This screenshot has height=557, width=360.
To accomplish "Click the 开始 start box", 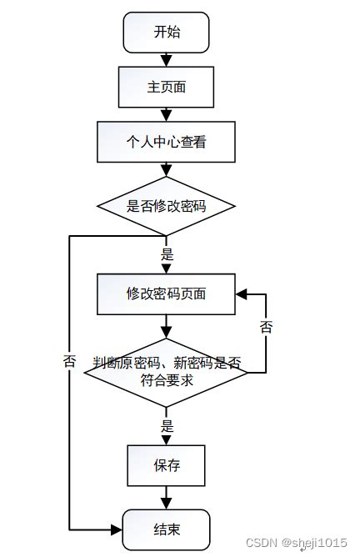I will [166, 33].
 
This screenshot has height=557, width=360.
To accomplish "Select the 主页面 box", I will [166, 88].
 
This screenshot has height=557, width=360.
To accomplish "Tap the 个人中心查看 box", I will [166, 143].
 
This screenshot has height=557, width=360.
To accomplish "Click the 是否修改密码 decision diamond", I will [166, 206].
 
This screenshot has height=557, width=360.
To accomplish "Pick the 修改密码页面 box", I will [166, 294].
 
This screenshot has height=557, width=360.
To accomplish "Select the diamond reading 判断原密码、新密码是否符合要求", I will [166, 372].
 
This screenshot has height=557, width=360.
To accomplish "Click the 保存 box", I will [166, 465].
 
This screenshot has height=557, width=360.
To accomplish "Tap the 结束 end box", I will [166, 529].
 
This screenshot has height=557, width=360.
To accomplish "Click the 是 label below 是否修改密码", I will [167, 255].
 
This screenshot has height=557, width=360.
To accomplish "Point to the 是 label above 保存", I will [167, 426].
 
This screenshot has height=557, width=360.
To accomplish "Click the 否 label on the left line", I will [69, 362].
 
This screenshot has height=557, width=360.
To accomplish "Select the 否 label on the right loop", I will [266, 327].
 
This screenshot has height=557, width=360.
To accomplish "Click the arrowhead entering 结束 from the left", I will [117, 529].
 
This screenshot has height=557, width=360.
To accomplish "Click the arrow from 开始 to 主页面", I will [166, 60].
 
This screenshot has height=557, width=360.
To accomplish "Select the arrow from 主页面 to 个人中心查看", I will [166, 115].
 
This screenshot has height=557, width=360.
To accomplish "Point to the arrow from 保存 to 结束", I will [166, 498].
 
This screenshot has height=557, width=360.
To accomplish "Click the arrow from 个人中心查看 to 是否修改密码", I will [166, 170].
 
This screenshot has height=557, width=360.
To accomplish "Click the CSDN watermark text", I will [261, 543].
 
